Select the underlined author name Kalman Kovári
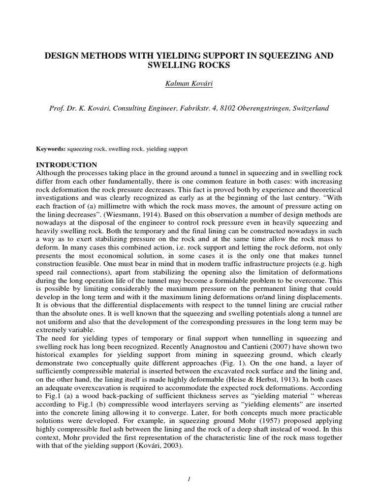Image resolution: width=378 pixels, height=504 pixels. (x=189, y=84)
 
